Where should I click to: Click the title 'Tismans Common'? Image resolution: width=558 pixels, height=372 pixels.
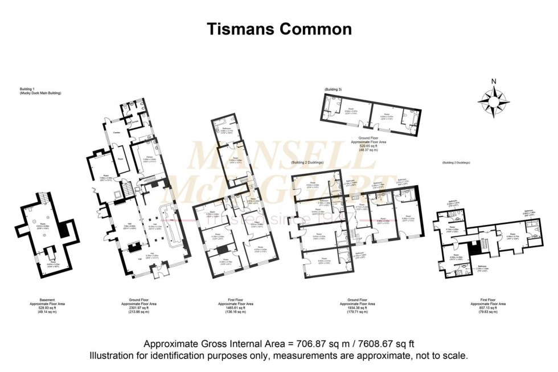[x=279, y=28]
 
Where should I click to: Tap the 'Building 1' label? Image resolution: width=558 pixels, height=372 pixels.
[x=27, y=89]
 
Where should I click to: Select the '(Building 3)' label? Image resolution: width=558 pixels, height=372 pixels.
[x=333, y=90]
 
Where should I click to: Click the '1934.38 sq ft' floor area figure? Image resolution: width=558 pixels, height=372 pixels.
[x=358, y=308]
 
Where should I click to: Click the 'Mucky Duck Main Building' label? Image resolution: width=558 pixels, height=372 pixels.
[x=40, y=93]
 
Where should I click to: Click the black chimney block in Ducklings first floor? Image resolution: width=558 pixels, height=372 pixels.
[x=475, y=248]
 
